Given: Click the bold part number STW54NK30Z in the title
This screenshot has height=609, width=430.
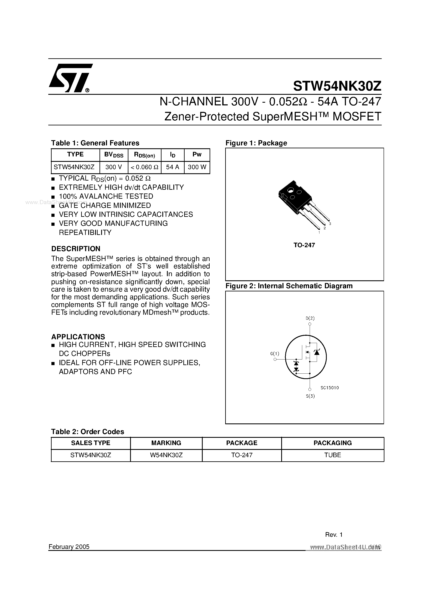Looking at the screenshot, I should pyautogui.click(x=337, y=86).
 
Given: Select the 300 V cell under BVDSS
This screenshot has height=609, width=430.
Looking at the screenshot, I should pyautogui.click(x=113, y=167).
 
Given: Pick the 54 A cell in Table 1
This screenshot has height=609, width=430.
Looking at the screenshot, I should pyautogui.click(x=172, y=167).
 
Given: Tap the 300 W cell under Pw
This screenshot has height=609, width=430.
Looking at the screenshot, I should pyautogui.click(x=197, y=167).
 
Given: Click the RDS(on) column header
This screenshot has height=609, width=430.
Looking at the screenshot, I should pyautogui.click(x=144, y=155).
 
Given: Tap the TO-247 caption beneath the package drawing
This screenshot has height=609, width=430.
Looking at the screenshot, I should pyautogui.click(x=304, y=245).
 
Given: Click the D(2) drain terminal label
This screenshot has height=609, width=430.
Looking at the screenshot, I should pyautogui.click(x=310, y=318).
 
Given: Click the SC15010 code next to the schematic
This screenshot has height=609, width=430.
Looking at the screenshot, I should pyautogui.click(x=329, y=388).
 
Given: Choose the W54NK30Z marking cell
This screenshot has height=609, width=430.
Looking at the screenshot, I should pyautogui.click(x=166, y=455).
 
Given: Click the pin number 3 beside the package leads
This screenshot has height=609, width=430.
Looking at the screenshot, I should pyautogui.click(x=330, y=224).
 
